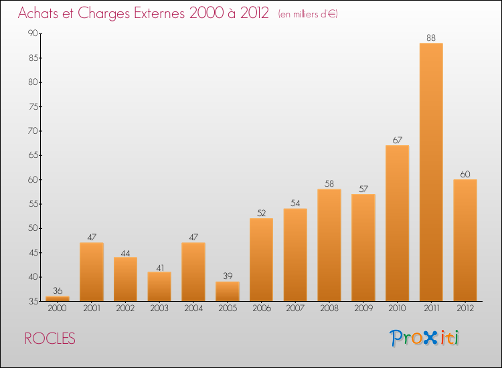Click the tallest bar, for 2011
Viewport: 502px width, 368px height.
(x=431, y=172)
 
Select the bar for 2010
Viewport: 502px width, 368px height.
(x=397, y=223)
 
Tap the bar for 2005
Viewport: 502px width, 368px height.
(x=227, y=291)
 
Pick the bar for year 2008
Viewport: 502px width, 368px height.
(x=329, y=245)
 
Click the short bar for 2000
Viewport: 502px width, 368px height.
(x=58, y=298)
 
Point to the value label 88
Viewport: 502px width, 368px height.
(x=431, y=38)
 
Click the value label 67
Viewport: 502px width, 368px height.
(x=397, y=141)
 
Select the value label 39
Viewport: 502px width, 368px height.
(x=227, y=276)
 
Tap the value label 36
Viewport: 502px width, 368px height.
(x=58, y=291)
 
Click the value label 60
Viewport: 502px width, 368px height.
(x=465, y=175)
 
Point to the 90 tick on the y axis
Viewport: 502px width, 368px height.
(x=32, y=33)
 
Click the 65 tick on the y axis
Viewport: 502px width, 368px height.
(x=32, y=155)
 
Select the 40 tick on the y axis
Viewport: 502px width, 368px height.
(x=32, y=277)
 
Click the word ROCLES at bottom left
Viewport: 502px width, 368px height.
(x=50, y=339)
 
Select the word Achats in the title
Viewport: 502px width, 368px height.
(x=44, y=13)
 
